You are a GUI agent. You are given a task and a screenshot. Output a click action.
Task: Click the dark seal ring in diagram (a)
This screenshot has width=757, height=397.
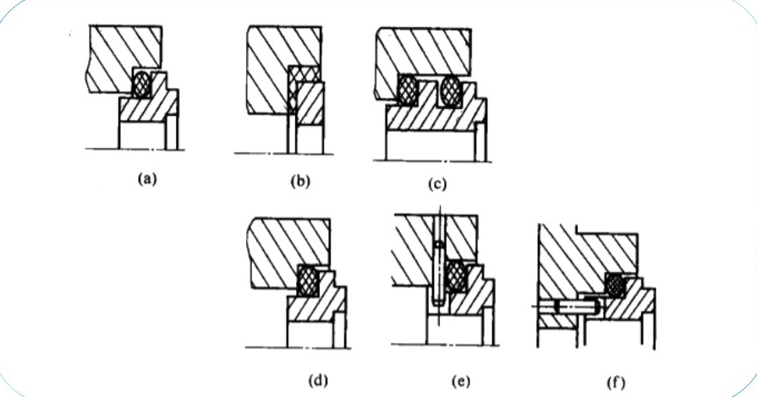(x=145, y=84)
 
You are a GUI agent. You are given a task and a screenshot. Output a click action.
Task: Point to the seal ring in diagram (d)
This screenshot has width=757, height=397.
(x=308, y=280)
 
